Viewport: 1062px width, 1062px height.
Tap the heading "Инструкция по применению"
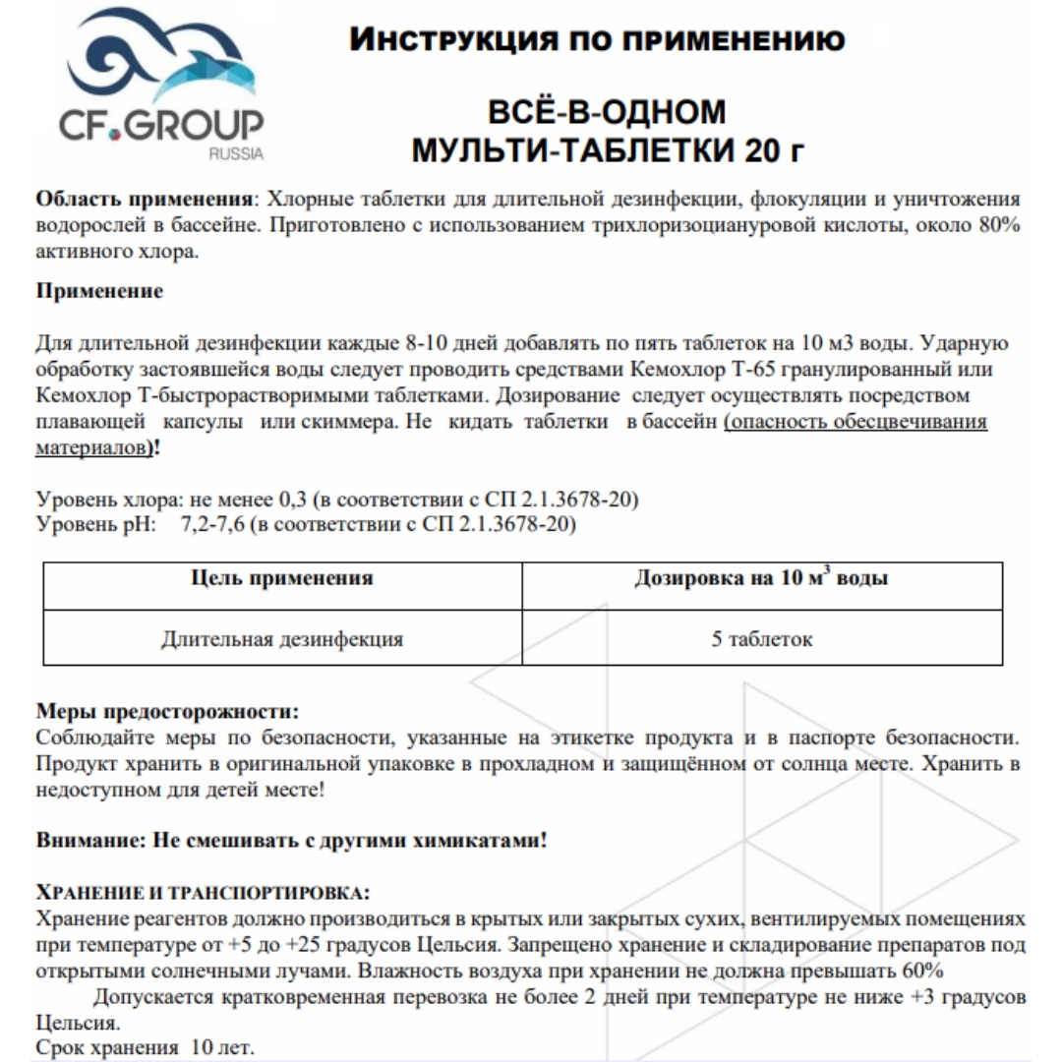click(x=597, y=40)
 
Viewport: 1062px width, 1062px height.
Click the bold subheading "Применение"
click(x=99, y=291)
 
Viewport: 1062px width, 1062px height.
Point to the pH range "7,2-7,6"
click(x=212, y=524)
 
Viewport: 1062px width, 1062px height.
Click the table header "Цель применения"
click(x=282, y=578)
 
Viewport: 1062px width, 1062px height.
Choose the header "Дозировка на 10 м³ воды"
click(x=761, y=578)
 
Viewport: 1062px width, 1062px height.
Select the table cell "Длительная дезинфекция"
click(x=282, y=638)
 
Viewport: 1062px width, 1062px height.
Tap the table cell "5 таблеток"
click(x=762, y=638)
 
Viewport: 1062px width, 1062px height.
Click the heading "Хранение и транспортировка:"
click(x=203, y=893)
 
